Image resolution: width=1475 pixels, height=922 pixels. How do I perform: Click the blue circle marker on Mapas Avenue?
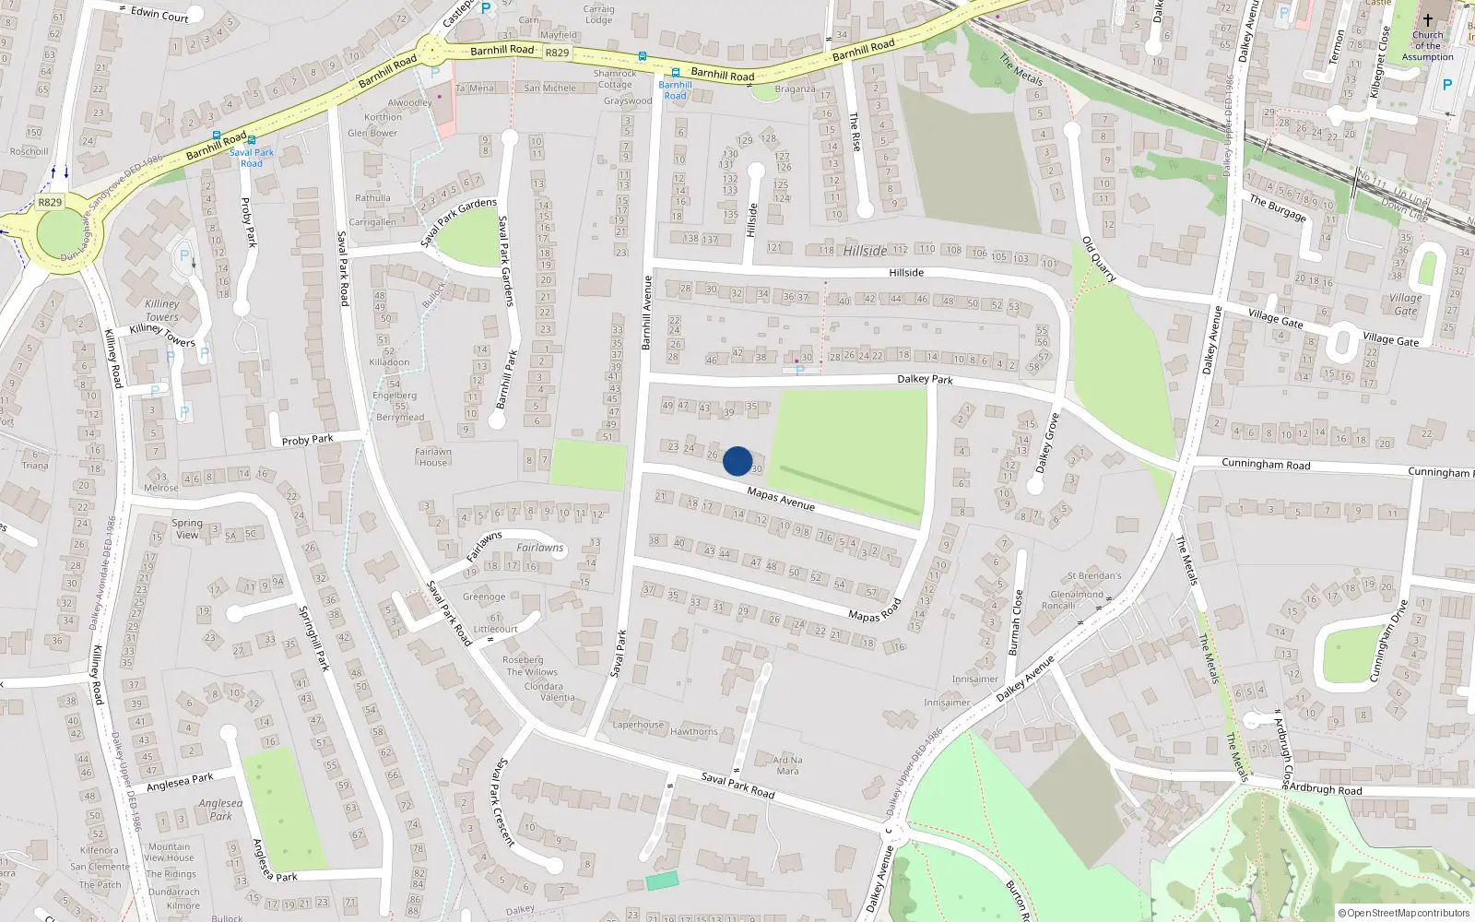[x=737, y=461]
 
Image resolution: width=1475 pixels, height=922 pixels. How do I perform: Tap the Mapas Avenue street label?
[x=781, y=499]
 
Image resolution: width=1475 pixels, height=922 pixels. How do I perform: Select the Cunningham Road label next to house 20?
[x=1265, y=464]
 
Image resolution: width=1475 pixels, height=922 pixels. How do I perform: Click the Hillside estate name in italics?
[x=865, y=251]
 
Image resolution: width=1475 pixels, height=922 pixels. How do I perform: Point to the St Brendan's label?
[x=1094, y=576]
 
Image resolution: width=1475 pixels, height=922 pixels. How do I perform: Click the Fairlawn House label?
[x=433, y=457]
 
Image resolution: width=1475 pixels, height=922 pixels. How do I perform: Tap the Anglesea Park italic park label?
[x=220, y=810]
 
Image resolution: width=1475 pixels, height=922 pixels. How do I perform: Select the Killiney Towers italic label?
[x=162, y=310]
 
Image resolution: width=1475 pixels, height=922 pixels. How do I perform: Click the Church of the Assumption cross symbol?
[x=1427, y=20]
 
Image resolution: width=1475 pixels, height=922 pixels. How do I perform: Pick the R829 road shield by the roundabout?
[x=50, y=203]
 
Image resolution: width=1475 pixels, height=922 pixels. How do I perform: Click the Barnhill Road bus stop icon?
[x=675, y=73]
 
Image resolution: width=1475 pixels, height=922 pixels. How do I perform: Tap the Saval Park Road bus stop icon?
[x=251, y=141]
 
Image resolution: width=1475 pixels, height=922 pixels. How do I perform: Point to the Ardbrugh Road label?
[x=1325, y=789]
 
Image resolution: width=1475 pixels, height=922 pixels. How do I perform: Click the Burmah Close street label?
[x=1016, y=622]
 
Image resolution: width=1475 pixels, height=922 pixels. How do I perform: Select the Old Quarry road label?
[x=1099, y=259]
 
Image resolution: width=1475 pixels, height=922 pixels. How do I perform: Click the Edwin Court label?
[x=159, y=14]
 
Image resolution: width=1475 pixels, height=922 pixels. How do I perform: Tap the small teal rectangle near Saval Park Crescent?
[x=662, y=881]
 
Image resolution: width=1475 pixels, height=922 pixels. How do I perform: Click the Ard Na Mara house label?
[x=787, y=765]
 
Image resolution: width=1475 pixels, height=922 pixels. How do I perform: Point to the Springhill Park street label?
[x=313, y=638]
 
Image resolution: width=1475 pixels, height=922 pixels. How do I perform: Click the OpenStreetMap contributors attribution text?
[x=1403, y=913]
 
